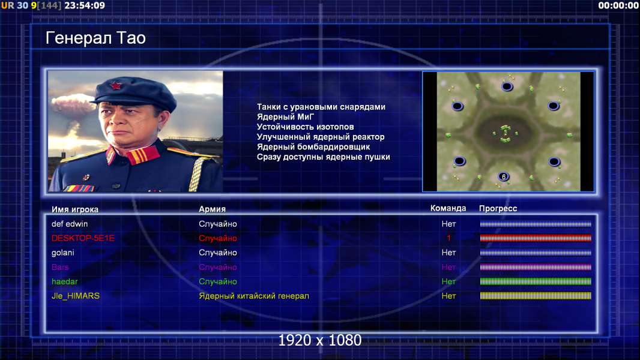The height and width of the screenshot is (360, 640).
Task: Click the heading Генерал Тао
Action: tap(95, 38)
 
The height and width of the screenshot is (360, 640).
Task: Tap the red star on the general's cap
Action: tap(115, 86)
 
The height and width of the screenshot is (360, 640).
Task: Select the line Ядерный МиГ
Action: tap(285, 117)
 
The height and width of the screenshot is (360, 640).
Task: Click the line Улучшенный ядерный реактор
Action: tap(321, 137)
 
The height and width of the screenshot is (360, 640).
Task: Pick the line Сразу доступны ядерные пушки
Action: tap(323, 157)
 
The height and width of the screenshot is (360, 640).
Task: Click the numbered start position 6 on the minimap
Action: tap(504, 176)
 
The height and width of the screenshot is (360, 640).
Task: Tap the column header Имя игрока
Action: tap(74, 209)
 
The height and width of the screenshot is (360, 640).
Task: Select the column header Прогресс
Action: tap(498, 208)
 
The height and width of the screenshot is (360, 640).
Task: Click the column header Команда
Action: tap(448, 208)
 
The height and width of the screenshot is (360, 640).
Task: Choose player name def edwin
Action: tap(70, 224)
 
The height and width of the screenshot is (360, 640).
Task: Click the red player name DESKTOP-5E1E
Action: tap(83, 238)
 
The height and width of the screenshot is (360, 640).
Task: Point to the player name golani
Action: tap(63, 253)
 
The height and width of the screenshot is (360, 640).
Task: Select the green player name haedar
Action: tap(64, 282)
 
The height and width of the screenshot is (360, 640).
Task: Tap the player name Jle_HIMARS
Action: tap(76, 296)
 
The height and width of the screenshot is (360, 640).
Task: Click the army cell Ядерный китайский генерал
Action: tap(254, 296)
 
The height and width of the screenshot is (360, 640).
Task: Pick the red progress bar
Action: tap(536, 238)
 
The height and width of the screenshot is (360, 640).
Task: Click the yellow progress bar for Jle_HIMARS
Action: tap(536, 296)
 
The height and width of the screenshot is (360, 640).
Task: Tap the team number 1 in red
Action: tap(448, 238)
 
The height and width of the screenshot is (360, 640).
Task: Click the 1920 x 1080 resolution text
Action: tap(319, 340)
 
